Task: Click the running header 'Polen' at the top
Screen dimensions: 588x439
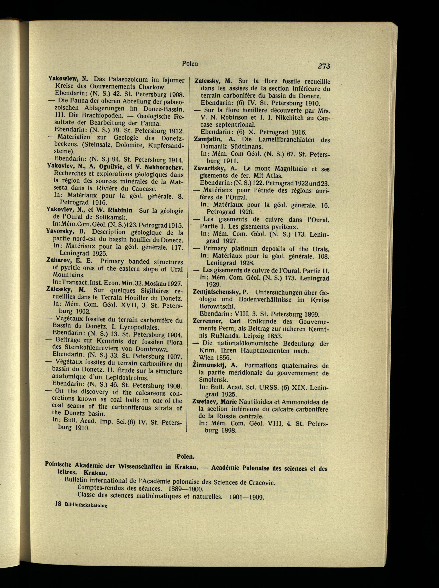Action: pyautogui.click(x=190, y=64)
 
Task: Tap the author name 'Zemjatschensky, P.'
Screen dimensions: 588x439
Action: pyautogui.click(x=220, y=292)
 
